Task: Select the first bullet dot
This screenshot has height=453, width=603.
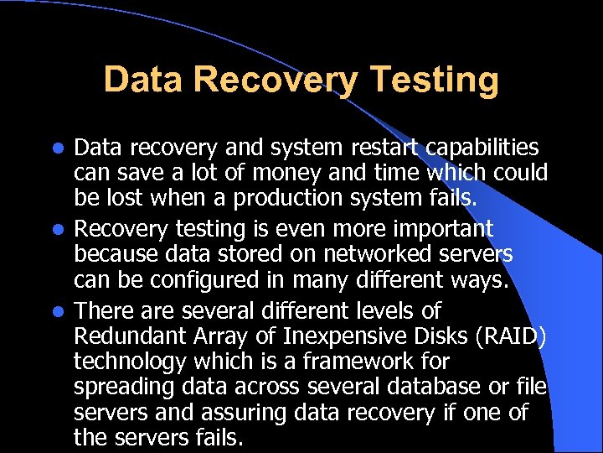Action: (x=57, y=149)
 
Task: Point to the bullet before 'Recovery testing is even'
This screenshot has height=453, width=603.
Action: (x=57, y=230)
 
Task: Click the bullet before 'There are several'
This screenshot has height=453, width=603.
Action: (x=57, y=311)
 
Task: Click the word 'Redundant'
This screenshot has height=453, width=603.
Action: (x=120, y=336)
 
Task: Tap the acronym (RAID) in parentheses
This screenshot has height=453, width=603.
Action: (x=505, y=336)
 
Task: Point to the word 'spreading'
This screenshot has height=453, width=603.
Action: (x=124, y=388)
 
